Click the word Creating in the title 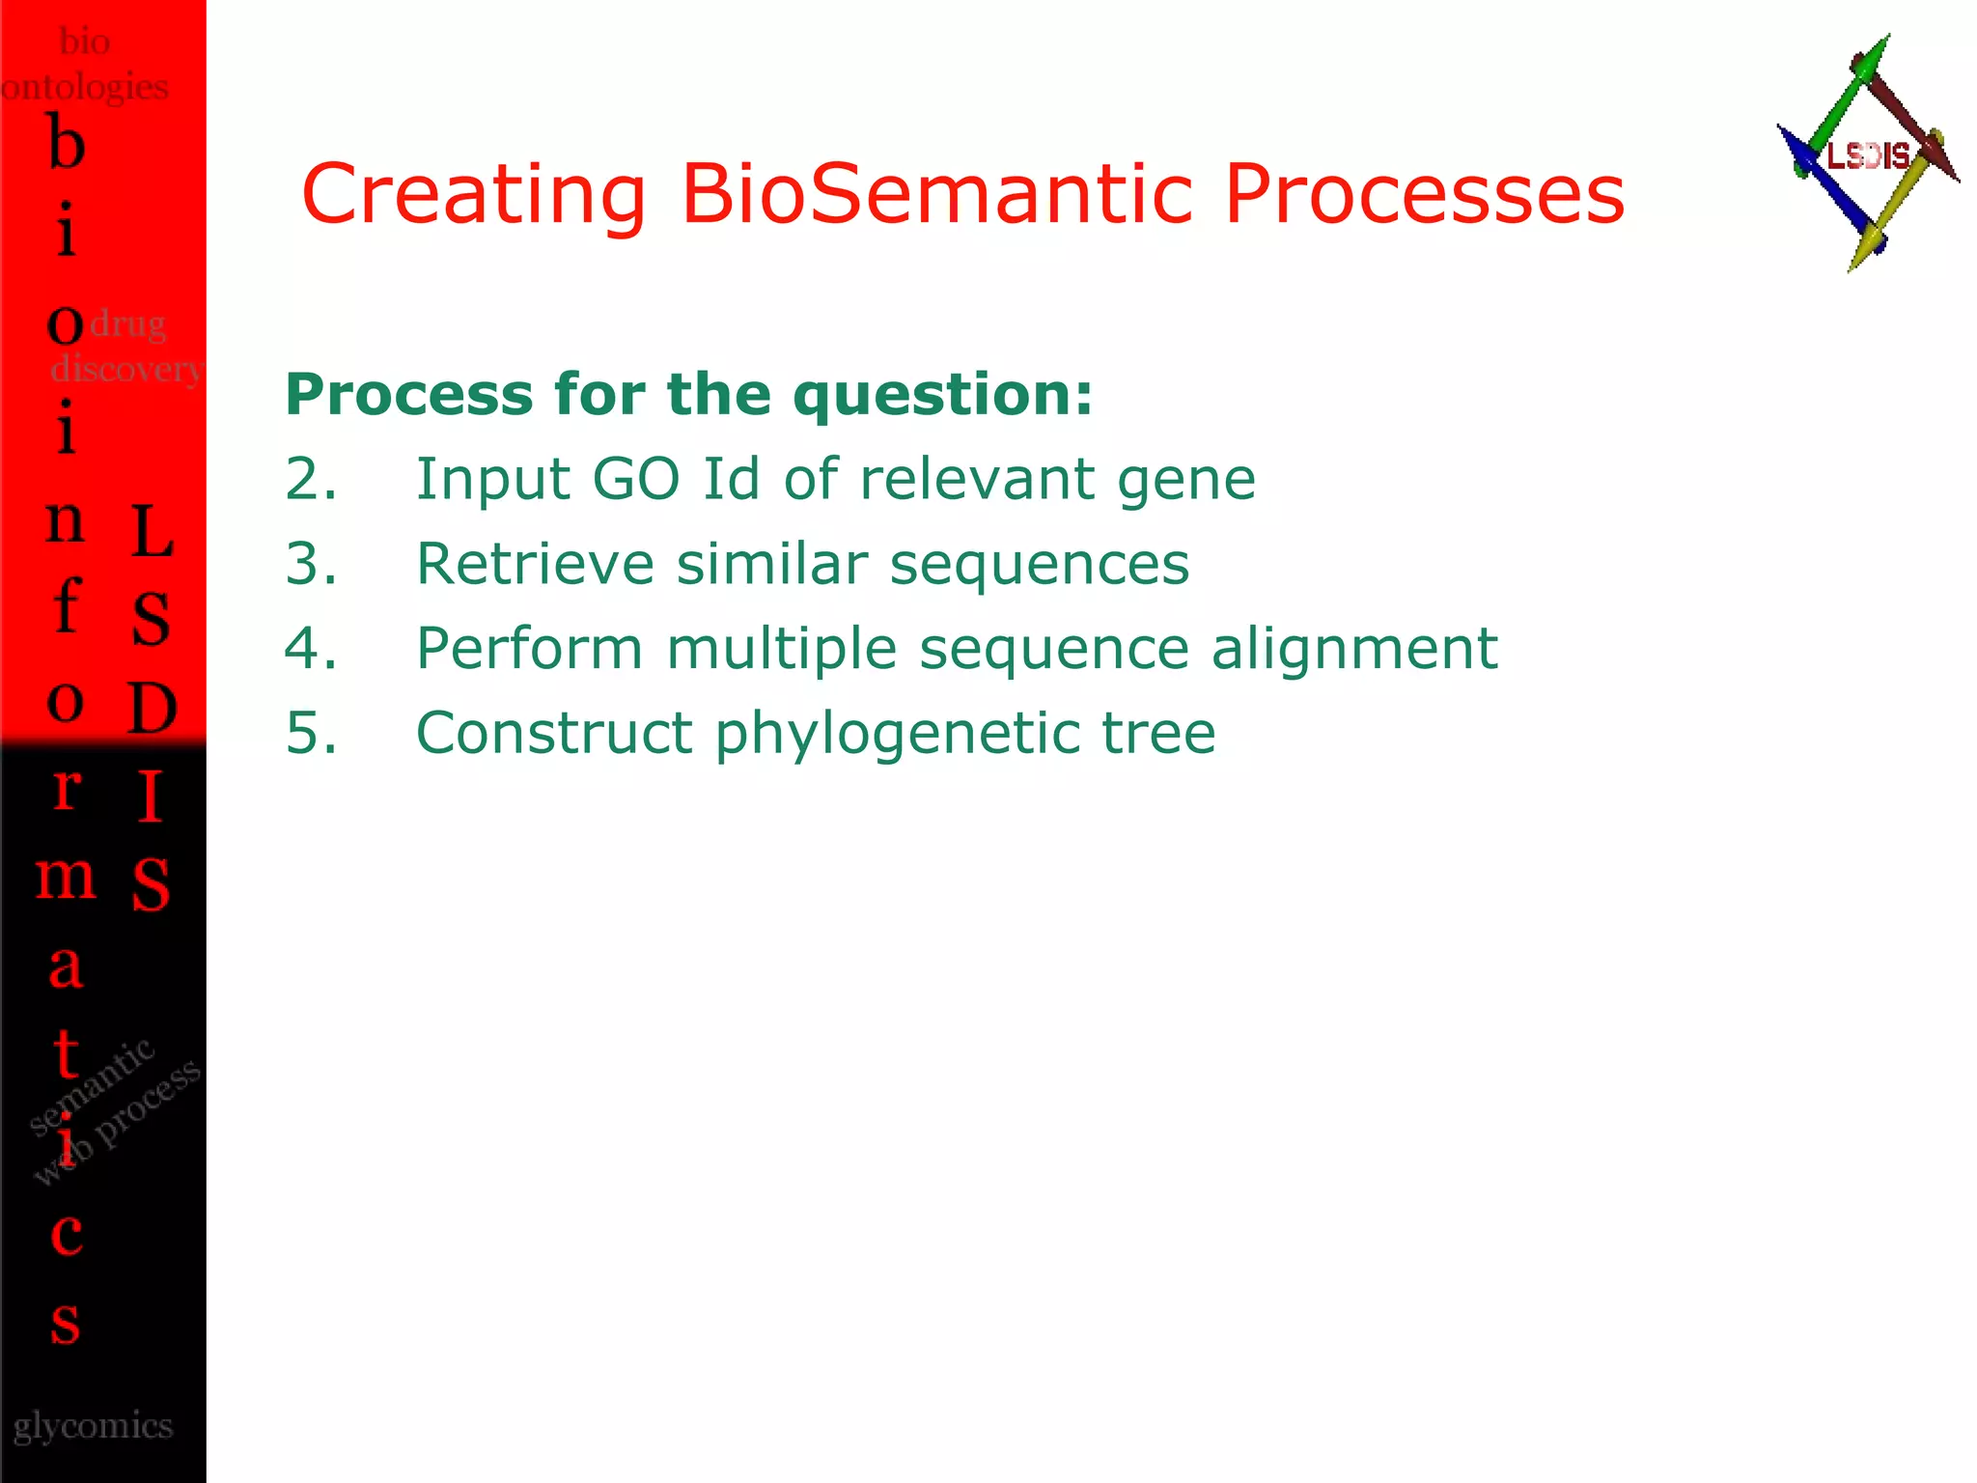(473, 194)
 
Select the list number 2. (310, 479)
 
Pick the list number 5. (310, 733)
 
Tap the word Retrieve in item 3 (535, 564)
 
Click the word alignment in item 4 (1353, 648)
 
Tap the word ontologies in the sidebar (85, 88)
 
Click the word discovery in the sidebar (125, 368)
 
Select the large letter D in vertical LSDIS (153, 708)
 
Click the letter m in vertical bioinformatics (66, 877)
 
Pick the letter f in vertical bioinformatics (66, 605)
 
